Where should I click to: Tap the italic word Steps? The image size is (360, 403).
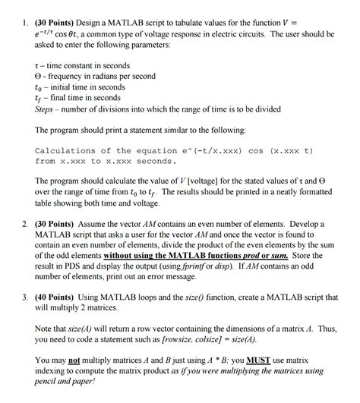(47, 109)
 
